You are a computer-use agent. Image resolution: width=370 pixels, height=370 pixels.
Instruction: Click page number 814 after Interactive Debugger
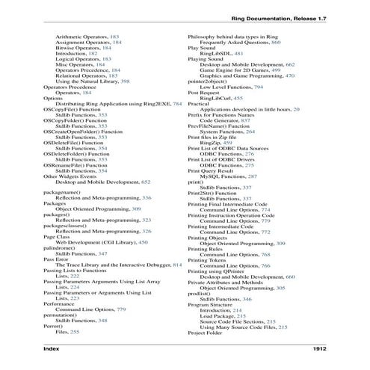point(177,265)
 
